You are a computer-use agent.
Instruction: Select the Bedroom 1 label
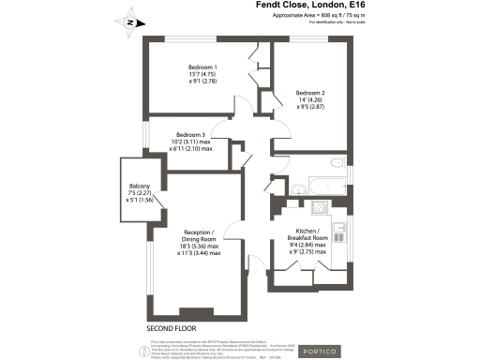click(202, 67)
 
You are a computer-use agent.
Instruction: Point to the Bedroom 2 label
click(310, 93)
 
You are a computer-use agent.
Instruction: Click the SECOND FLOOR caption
click(173, 329)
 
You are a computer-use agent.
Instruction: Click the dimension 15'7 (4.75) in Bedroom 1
click(202, 75)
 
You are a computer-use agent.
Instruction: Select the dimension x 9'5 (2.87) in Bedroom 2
click(310, 108)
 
